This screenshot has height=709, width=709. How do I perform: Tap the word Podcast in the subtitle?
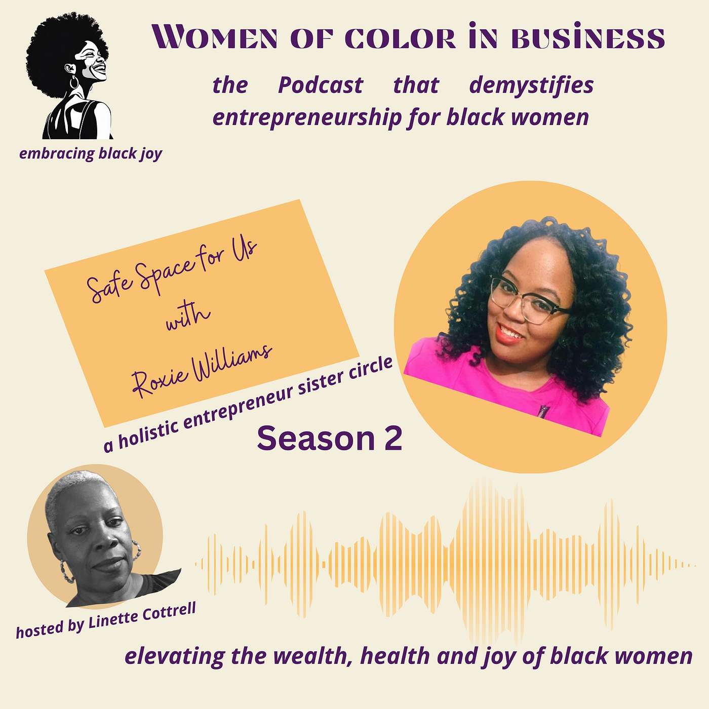click(321, 85)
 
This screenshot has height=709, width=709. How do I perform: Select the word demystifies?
click(531, 85)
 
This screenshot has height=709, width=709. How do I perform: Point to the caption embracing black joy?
click(91, 153)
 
